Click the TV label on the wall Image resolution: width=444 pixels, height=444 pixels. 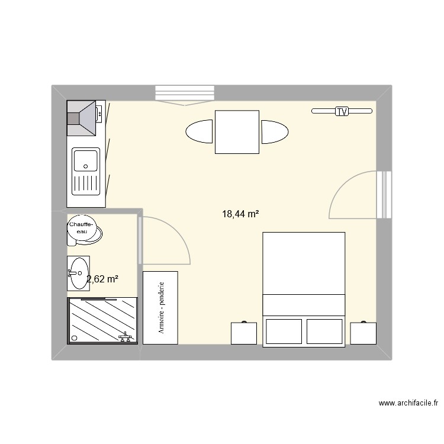[342, 111]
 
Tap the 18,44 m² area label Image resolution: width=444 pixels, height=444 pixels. [240, 214]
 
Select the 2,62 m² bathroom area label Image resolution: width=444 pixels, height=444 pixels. [102, 279]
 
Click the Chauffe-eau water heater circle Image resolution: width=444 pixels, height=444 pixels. [82, 228]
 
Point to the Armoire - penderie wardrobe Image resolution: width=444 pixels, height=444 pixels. [160, 308]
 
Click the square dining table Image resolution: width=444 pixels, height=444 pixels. [237, 132]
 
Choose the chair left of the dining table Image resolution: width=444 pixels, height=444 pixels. [199, 131]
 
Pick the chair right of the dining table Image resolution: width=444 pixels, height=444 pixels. [275, 132]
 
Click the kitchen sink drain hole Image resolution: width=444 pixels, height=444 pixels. [85, 166]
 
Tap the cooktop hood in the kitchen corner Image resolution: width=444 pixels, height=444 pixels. [81, 118]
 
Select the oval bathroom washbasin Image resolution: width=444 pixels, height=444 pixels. [79, 274]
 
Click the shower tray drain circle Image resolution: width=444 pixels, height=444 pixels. [75, 338]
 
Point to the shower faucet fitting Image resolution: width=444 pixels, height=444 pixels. [125, 337]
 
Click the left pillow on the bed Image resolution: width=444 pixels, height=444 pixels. [284, 332]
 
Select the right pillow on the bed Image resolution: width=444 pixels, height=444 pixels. [324, 332]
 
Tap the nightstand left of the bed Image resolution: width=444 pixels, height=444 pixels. [244, 333]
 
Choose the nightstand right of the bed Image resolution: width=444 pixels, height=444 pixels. [363, 333]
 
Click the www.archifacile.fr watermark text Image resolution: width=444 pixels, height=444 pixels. [408, 403]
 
